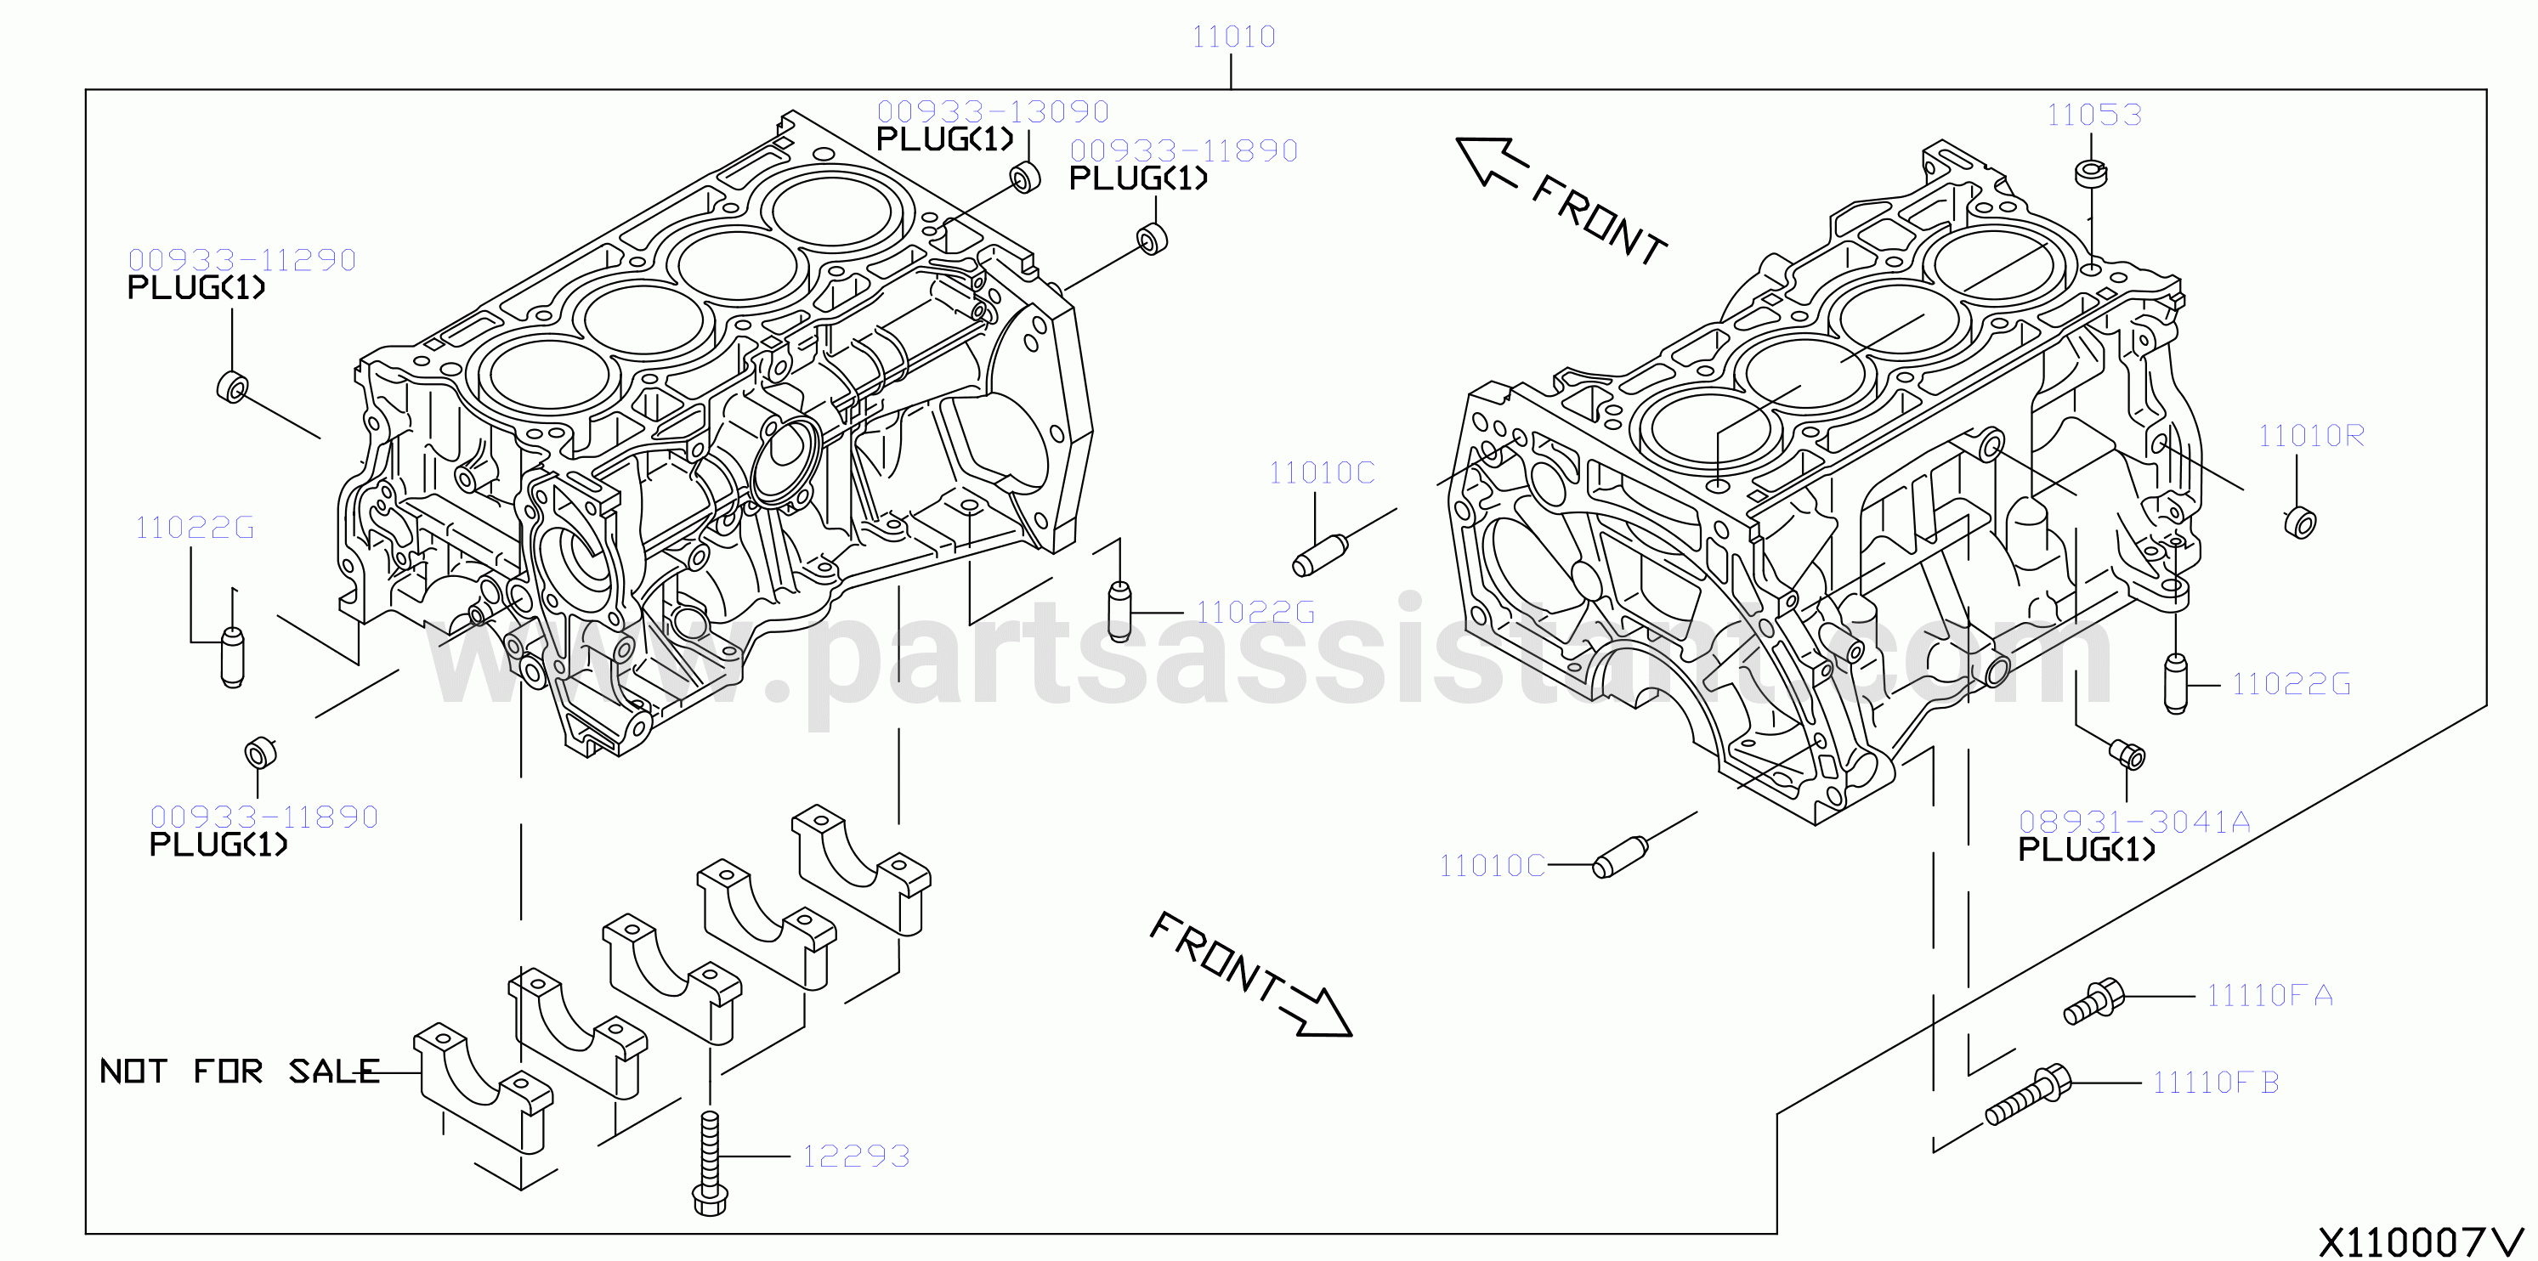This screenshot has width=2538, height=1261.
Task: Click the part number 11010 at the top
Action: tap(1233, 37)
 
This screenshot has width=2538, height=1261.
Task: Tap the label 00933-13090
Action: tap(993, 111)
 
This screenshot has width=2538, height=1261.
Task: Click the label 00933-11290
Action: tap(242, 260)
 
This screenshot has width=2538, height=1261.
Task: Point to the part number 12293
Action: tap(856, 1156)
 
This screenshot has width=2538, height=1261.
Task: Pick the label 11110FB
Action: tap(2216, 1083)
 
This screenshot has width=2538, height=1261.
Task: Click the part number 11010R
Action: tap(2310, 435)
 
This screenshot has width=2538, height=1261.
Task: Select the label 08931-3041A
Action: tap(2134, 822)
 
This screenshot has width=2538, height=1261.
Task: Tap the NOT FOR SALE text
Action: tap(240, 1071)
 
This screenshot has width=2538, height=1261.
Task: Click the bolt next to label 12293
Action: tap(710, 1162)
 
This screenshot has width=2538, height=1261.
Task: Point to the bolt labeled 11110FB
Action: tap(2028, 1095)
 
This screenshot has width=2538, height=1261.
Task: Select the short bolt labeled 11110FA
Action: tap(2093, 1001)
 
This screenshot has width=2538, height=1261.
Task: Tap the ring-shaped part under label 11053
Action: tap(2091, 173)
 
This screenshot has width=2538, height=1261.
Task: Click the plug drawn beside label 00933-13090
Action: tap(1026, 178)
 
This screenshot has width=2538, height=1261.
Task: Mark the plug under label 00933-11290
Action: tap(233, 388)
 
